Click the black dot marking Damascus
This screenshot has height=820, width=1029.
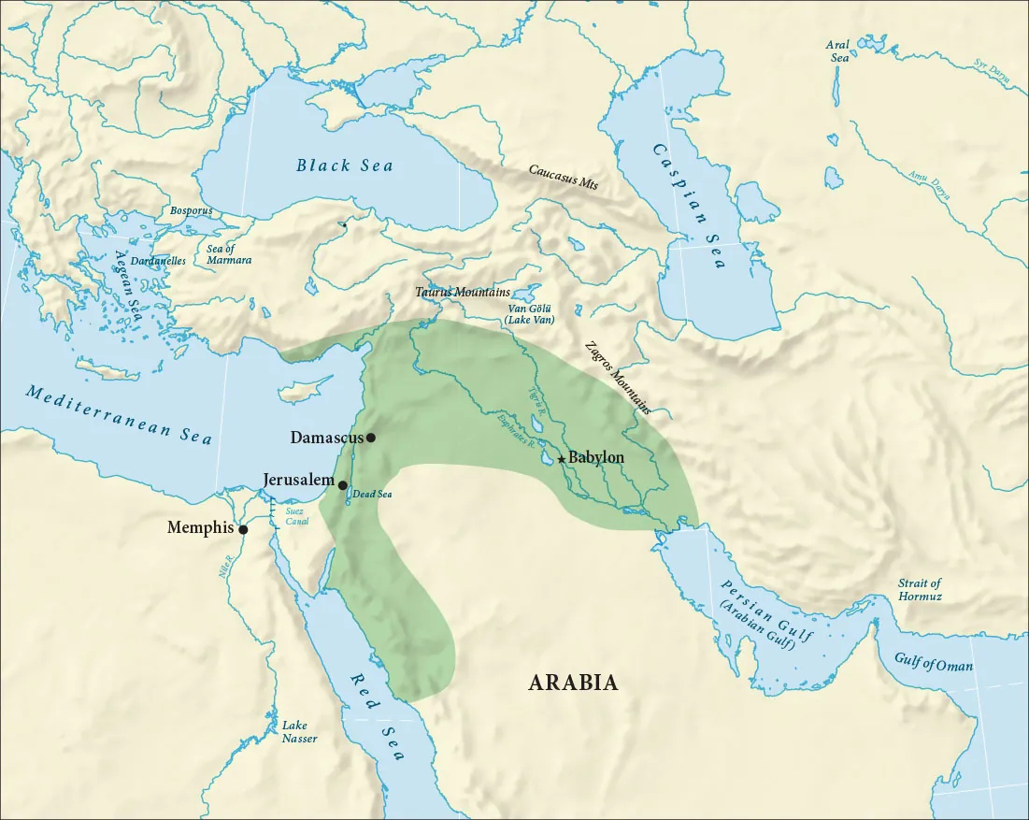click(371, 438)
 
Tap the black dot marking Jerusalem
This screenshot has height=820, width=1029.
click(343, 485)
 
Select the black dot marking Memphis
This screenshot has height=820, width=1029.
click(243, 530)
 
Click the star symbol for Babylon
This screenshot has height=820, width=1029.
click(561, 459)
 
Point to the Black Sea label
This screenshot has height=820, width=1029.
click(345, 165)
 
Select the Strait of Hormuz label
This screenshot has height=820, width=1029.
click(920, 589)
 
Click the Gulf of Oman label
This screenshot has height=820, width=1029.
click(933, 666)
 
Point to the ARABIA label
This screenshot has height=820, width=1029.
click(573, 683)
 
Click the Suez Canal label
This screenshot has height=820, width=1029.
click(297, 516)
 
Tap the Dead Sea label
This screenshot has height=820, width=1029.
click(372, 495)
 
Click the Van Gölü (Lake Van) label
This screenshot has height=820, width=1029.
click(530, 313)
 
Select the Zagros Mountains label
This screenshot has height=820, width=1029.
click(616, 378)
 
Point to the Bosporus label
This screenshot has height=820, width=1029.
click(191, 211)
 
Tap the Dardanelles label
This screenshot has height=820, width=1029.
click(158, 261)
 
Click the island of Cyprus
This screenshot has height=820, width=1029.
click(296, 388)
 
